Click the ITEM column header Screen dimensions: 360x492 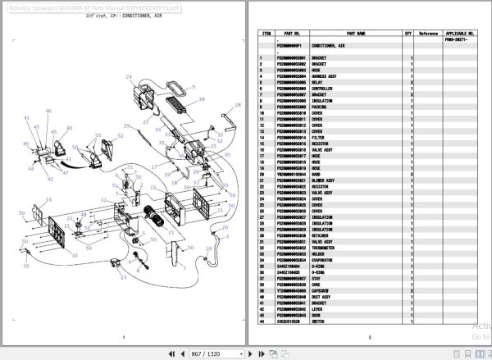pos(266,34)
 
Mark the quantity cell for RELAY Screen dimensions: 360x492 pos(408,82)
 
